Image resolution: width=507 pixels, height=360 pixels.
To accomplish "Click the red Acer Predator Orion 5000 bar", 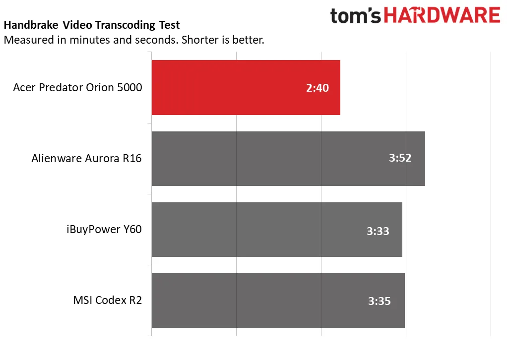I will (246, 87).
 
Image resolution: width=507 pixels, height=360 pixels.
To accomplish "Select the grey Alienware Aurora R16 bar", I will (288, 159).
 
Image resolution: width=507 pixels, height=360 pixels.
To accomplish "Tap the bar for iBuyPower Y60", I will (276, 230).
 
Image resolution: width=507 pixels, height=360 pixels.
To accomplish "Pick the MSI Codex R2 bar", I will (278, 300).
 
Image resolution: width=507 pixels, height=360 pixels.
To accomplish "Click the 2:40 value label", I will (317, 88).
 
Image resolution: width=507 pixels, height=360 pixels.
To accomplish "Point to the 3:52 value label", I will (400, 159).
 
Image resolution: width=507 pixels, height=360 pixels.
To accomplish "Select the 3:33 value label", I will (378, 231).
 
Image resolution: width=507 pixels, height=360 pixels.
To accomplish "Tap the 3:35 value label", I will (380, 301).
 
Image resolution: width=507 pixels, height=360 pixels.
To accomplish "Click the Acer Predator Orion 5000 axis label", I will (77, 88).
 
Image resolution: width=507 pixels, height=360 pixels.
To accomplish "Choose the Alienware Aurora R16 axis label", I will (86, 159).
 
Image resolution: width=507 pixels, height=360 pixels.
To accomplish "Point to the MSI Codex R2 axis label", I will (107, 300).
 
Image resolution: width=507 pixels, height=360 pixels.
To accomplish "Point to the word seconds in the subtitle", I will (154, 40).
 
